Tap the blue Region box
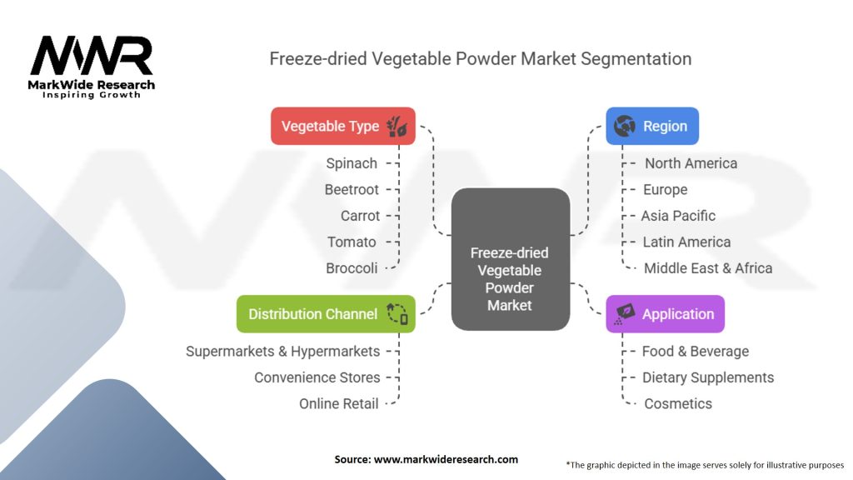(x=651, y=127)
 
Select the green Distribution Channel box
(x=325, y=314)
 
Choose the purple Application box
(x=665, y=314)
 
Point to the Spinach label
(x=352, y=163)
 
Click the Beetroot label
(x=352, y=189)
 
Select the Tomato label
(x=352, y=242)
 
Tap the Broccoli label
(x=352, y=267)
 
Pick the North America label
(x=691, y=163)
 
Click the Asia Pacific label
(x=678, y=216)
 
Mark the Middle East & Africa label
(x=708, y=267)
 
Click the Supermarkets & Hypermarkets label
(x=282, y=351)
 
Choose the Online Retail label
(x=339, y=403)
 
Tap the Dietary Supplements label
(x=708, y=377)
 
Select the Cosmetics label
(x=678, y=403)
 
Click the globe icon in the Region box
(x=624, y=127)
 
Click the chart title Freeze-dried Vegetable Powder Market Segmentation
(x=480, y=59)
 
